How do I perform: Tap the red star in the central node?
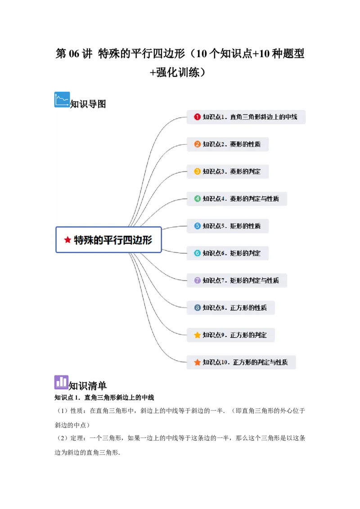point(67,240)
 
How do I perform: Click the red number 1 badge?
point(197,117)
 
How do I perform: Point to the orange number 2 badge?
point(197,144)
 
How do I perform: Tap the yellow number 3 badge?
point(197,171)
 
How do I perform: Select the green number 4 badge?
point(197,199)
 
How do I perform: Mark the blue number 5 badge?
point(197,226)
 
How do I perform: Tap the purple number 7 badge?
point(197,280)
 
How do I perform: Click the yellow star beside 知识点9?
point(197,335)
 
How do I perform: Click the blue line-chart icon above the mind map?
point(63,99)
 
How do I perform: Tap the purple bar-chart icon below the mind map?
point(62,383)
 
